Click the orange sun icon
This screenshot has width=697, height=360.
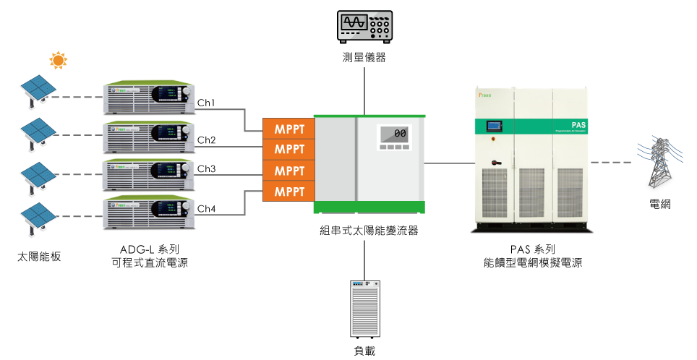57,59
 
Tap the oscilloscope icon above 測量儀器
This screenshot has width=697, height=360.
364,27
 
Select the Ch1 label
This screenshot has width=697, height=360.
207,103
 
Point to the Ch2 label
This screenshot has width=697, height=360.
207,140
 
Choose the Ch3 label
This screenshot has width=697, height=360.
207,169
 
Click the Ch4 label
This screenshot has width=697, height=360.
207,209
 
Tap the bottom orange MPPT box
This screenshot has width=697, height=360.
288,192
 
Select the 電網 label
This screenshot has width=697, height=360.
660,205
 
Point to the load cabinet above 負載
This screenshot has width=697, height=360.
364,309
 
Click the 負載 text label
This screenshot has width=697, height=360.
364,351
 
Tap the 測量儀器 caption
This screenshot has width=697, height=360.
364,58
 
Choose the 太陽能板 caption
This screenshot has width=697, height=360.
40,254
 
